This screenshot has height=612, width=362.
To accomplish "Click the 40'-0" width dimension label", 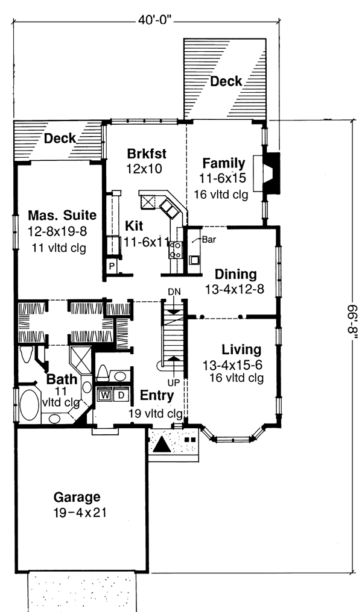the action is click(x=155, y=20).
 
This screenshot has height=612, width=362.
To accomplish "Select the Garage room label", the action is click(x=77, y=498).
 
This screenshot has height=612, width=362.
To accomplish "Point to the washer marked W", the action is click(x=104, y=395).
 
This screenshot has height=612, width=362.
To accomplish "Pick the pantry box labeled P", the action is click(x=112, y=267).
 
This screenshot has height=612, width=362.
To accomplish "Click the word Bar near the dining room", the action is click(x=209, y=239).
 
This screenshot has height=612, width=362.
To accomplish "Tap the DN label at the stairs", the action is click(x=174, y=292).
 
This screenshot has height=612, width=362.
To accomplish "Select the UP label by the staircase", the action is click(x=174, y=382).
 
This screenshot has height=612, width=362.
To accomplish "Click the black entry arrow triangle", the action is click(x=162, y=445).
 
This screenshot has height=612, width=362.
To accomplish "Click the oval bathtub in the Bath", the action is click(x=30, y=405).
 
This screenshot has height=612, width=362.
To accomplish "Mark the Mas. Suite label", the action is click(x=62, y=215).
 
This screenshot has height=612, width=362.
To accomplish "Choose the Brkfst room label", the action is click(x=147, y=154).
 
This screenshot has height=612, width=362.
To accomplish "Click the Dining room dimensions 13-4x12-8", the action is click(x=235, y=289).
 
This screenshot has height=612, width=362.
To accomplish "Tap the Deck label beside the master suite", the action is click(x=60, y=138).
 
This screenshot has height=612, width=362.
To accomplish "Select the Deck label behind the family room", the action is click(x=226, y=81).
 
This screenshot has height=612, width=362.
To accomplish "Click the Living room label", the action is click(x=241, y=349).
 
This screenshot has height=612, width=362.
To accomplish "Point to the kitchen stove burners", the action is click(x=176, y=250).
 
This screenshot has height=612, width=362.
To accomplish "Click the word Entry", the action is click(x=157, y=395).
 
